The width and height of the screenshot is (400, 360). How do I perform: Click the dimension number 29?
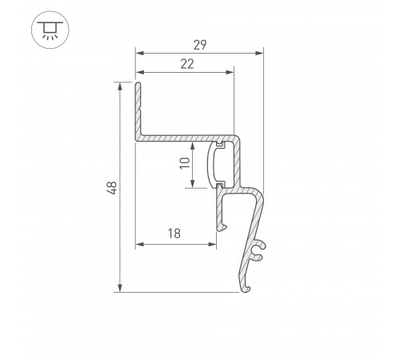[199, 46]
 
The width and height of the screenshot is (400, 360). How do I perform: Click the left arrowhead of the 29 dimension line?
[138, 54]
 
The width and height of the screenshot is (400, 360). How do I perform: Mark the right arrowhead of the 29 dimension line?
[260, 54]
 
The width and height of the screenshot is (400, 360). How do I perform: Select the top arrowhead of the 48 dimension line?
[120, 86]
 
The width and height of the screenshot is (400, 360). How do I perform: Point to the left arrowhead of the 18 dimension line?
[138, 243]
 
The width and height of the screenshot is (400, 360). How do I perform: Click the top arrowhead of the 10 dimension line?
[194, 146]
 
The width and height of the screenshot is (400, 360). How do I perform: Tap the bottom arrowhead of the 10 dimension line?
[194, 184]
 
